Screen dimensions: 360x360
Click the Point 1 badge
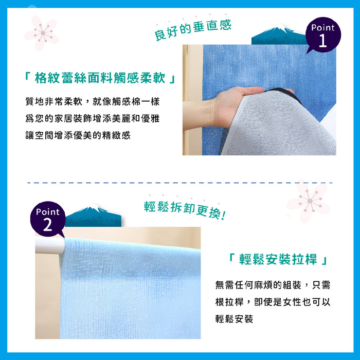click(323, 34)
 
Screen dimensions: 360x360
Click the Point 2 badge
click(48, 219)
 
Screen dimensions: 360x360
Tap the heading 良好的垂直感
click(193, 30)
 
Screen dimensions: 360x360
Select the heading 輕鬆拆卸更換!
click(185, 210)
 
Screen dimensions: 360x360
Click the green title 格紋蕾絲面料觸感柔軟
click(100, 78)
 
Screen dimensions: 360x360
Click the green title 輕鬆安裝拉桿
click(278, 259)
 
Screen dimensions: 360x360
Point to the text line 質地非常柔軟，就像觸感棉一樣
click(93, 101)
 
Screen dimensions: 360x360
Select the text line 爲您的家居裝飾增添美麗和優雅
click(93, 118)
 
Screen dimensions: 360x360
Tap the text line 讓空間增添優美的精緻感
click(78, 135)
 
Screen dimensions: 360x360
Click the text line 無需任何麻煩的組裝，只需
click(273, 285)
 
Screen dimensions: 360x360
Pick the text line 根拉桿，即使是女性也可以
click(273, 302)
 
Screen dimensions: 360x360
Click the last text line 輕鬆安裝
click(234, 319)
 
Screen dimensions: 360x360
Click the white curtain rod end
click(50, 246)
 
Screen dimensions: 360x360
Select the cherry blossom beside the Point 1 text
click(42, 33)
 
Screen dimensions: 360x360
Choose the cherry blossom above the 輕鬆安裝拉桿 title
click(309, 201)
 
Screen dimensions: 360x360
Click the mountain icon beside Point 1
click(279, 34)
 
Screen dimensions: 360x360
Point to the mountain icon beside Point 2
click(93, 215)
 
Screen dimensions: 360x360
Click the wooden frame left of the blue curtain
click(192, 100)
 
